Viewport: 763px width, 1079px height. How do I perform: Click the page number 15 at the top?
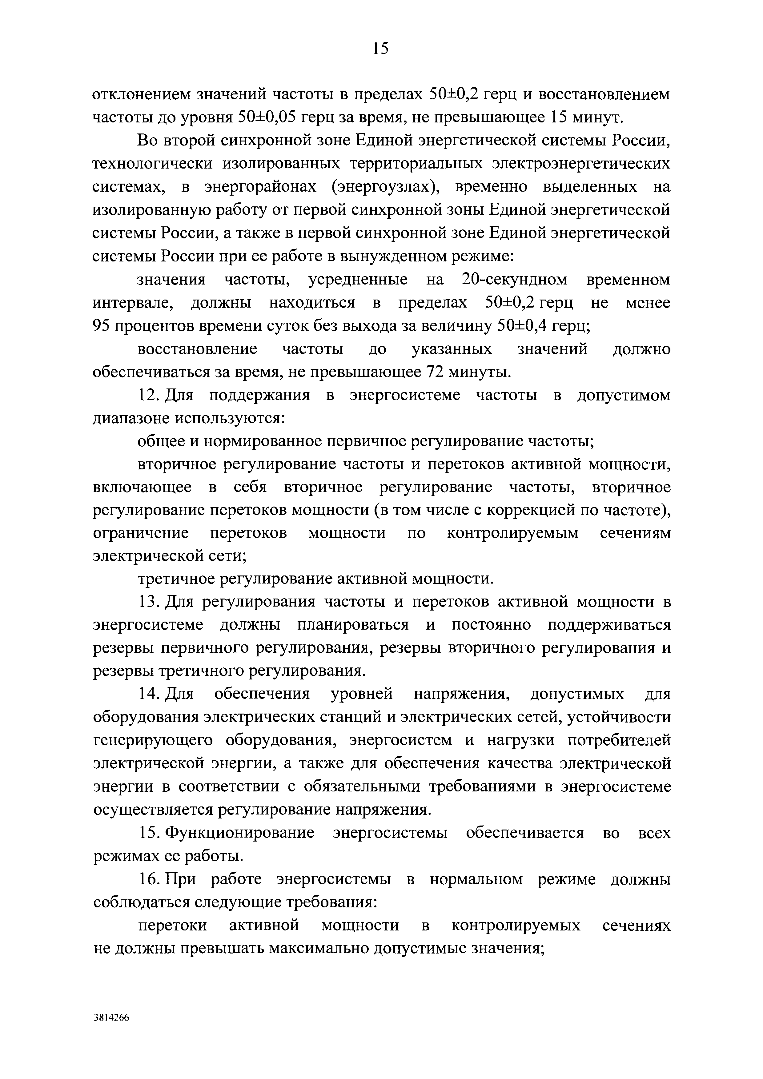380,48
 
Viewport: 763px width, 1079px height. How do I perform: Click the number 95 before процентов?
101,326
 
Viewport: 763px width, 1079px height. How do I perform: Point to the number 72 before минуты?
435,372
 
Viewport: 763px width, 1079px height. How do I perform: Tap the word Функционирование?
240,833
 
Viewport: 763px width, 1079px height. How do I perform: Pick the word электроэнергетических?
581,164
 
